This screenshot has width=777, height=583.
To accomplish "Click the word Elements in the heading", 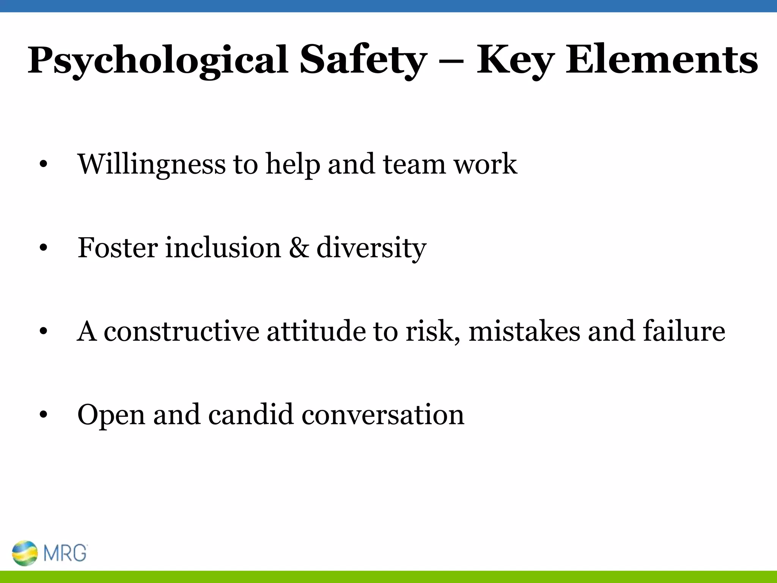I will [x=662, y=60].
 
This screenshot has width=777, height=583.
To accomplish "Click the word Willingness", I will [x=152, y=164].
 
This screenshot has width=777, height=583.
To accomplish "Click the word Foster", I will [x=118, y=247].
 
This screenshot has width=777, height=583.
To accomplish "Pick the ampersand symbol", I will [x=299, y=247].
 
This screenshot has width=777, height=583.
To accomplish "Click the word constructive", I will [x=181, y=331].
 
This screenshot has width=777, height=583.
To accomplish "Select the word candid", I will [x=250, y=414].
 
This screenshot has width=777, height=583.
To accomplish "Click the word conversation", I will [x=383, y=414].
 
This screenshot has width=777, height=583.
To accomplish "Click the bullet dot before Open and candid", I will [x=43, y=415].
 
